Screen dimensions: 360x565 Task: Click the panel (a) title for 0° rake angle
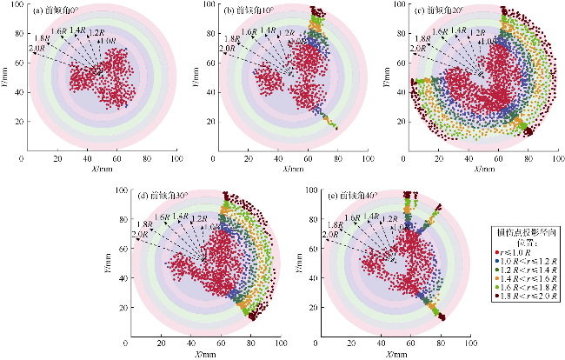click(x=54, y=10)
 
